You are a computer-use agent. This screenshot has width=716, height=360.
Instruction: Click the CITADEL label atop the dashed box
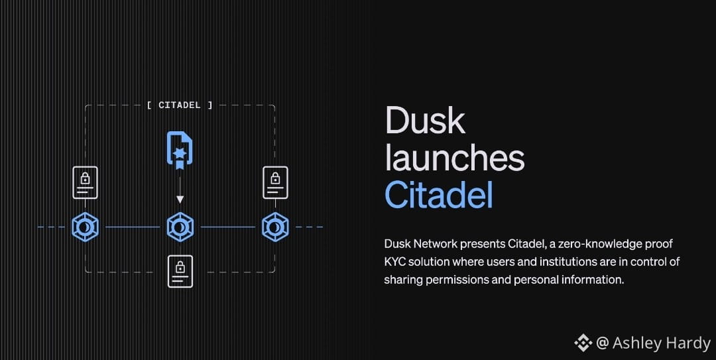click(180, 105)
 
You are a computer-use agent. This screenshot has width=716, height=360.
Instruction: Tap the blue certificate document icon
click(179, 150)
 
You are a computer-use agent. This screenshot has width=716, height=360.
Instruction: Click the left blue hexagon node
click(85, 227)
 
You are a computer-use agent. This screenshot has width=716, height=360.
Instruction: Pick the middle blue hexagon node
click(179, 227)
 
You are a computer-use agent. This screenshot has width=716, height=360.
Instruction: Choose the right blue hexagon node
click(274, 227)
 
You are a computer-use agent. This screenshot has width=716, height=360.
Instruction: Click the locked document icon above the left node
click(85, 182)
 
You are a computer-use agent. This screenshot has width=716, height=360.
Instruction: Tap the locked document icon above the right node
click(275, 182)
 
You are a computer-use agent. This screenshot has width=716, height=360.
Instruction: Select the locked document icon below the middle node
click(180, 271)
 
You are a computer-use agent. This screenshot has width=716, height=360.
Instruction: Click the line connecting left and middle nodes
click(132, 227)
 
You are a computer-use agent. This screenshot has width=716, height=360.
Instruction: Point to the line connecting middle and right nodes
click(227, 227)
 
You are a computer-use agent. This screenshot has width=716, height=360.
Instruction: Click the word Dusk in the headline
click(425, 121)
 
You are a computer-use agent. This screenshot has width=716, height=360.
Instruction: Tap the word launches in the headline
click(454, 158)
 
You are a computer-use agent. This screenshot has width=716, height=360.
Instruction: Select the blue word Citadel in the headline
click(439, 194)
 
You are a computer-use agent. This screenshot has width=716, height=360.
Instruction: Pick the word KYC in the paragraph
click(396, 262)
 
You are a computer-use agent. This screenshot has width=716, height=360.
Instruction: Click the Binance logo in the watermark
click(583, 343)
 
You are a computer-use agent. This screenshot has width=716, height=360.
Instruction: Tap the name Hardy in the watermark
click(684, 343)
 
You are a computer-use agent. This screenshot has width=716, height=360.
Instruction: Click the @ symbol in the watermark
click(602, 343)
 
